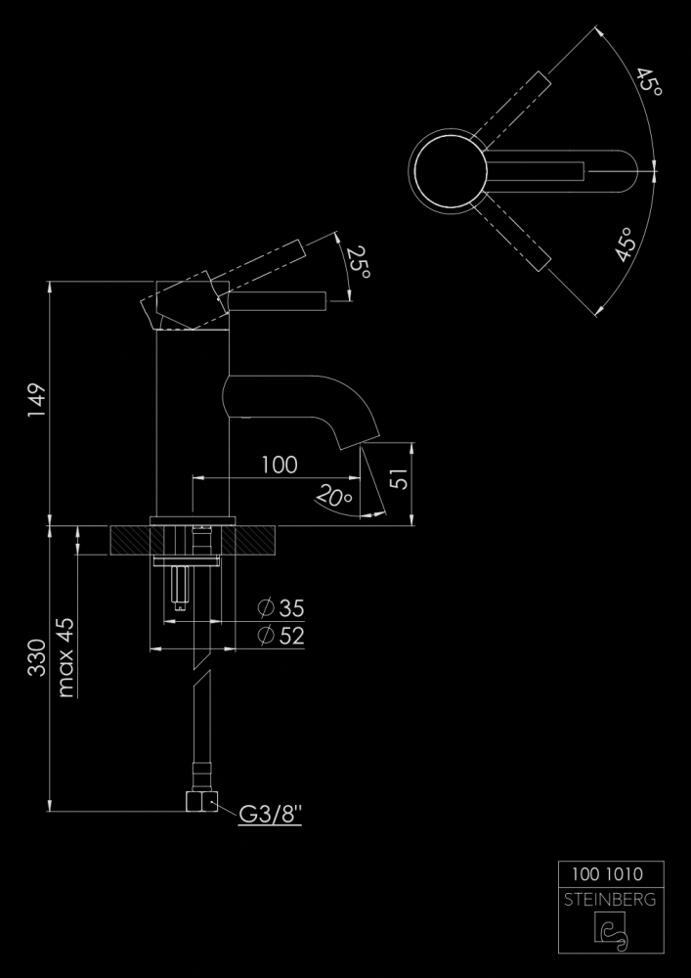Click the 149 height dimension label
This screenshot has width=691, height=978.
[37, 400]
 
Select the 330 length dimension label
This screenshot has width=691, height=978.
[37, 657]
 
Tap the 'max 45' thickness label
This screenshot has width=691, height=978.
[65, 657]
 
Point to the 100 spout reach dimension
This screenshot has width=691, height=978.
[280, 465]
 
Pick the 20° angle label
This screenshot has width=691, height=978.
[334, 495]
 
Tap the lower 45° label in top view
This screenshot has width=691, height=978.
[625, 244]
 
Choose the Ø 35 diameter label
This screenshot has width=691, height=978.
[281, 607]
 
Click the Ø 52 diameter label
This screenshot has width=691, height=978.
[281, 636]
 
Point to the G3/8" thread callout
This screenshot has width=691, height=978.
[271, 814]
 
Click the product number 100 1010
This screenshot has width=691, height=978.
[608, 873]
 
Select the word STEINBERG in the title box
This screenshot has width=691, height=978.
[610, 900]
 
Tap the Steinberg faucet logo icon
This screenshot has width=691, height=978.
[612, 931]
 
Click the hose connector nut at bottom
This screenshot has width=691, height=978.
[202, 802]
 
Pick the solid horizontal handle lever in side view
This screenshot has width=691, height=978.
[278, 302]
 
